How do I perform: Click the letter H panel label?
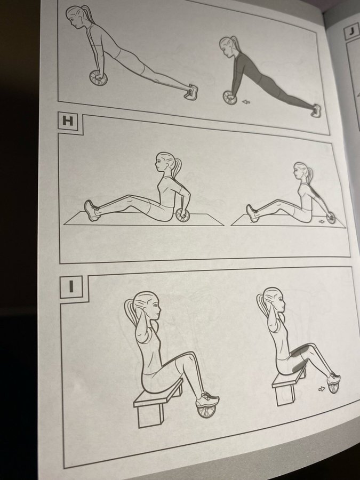(x=68, y=121)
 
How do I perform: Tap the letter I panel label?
(x=71, y=286)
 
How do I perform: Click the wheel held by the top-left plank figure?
(x=99, y=78)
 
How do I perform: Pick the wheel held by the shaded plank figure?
(x=230, y=98)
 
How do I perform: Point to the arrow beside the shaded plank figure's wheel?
(x=245, y=102)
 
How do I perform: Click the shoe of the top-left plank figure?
(x=191, y=92)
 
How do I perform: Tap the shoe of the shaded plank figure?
(x=316, y=110)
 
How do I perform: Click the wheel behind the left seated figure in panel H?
(x=183, y=215)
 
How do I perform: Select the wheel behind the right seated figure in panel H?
(x=331, y=218)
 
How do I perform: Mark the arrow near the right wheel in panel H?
(x=322, y=221)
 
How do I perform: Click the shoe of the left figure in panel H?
(x=92, y=210)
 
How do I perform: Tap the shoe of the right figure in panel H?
(x=252, y=213)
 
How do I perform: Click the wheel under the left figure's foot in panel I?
(x=206, y=411)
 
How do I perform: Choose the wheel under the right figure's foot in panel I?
(x=333, y=388)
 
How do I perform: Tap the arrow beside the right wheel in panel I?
(x=322, y=389)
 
